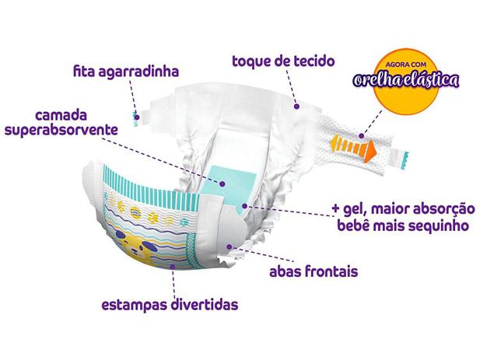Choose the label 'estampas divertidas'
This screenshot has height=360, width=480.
pyautogui.click(x=169, y=303)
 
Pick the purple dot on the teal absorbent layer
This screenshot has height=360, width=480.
pyautogui.click(x=222, y=183)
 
